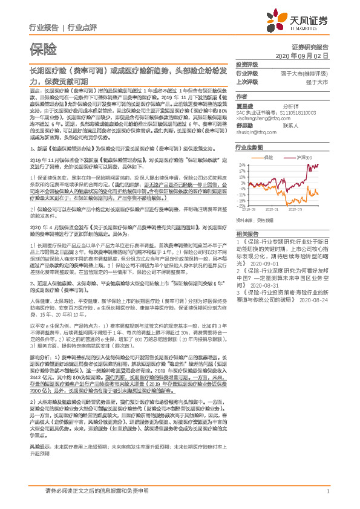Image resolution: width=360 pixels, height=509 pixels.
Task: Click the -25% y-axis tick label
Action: pyautogui.click(x=241, y=205)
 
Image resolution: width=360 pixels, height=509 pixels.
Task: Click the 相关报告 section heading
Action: pyautogui.click(x=247, y=233)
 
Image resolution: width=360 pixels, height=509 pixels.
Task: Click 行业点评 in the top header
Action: pyautogui.click(x=82, y=28)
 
